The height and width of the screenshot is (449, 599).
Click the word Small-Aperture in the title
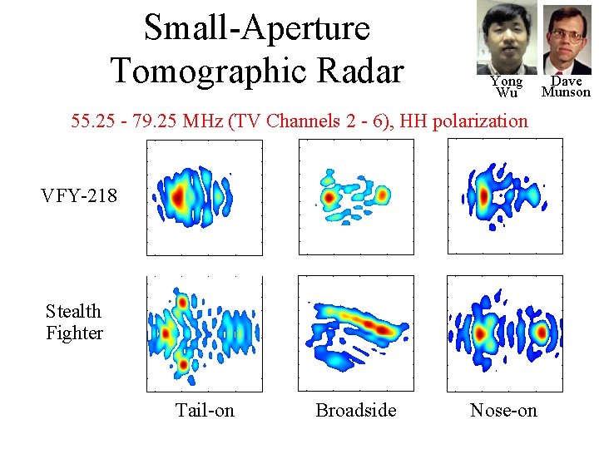pos(256,27)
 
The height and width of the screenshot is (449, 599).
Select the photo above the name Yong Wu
pos(507,37)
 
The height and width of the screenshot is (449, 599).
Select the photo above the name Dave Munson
pos(567,39)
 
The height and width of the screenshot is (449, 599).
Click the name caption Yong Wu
pos(507,86)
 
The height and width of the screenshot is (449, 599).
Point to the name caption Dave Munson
pos(567,86)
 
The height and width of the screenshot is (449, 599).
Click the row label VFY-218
pos(79,196)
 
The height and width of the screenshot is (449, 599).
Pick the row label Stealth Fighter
pos(74,322)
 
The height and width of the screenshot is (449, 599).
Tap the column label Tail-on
pos(205,410)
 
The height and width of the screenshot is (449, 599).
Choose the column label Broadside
pos(355,410)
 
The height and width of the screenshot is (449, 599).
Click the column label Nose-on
pos(503,410)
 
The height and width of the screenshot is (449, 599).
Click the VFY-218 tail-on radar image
pos(205,197)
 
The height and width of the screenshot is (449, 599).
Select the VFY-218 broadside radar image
pos(355,197)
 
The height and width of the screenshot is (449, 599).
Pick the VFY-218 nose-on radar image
pos(505,197)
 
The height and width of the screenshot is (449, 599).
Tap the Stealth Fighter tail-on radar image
pos(205,333)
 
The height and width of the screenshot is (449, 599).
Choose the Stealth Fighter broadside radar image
pos(355,333)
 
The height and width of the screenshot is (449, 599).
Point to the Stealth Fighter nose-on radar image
pos(505,333)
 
